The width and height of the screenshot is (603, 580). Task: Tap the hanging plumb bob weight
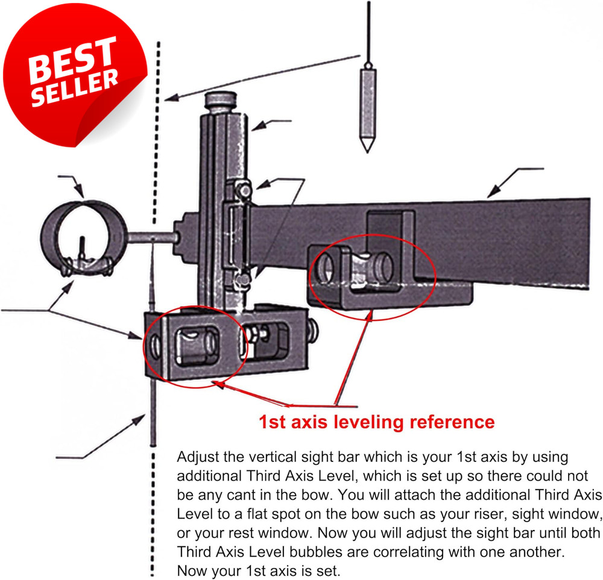point(368,102)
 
